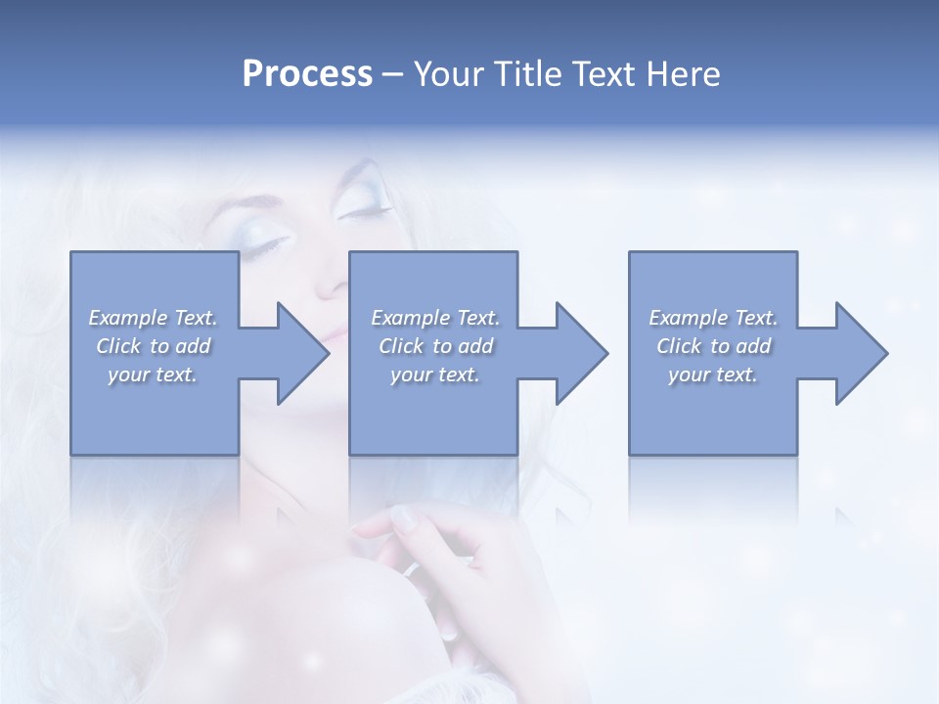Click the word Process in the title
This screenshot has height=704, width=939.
pos(307,74)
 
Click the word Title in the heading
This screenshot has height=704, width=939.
pos(521,74)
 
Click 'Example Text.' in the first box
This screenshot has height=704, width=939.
pos(153,318)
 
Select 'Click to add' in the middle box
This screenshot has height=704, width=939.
pos(435,346)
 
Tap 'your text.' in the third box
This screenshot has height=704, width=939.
pos(713,374)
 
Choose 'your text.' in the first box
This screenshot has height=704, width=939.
pos(153,374)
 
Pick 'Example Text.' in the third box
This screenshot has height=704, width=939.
pos(713,318)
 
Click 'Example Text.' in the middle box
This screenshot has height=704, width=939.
pos(435,318)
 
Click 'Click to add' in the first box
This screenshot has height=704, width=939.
pos(153,346)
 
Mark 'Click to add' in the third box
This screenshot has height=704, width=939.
pos(713,346)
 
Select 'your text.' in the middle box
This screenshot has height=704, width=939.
pos(435,374)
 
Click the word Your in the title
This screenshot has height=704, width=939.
pos(446,74)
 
